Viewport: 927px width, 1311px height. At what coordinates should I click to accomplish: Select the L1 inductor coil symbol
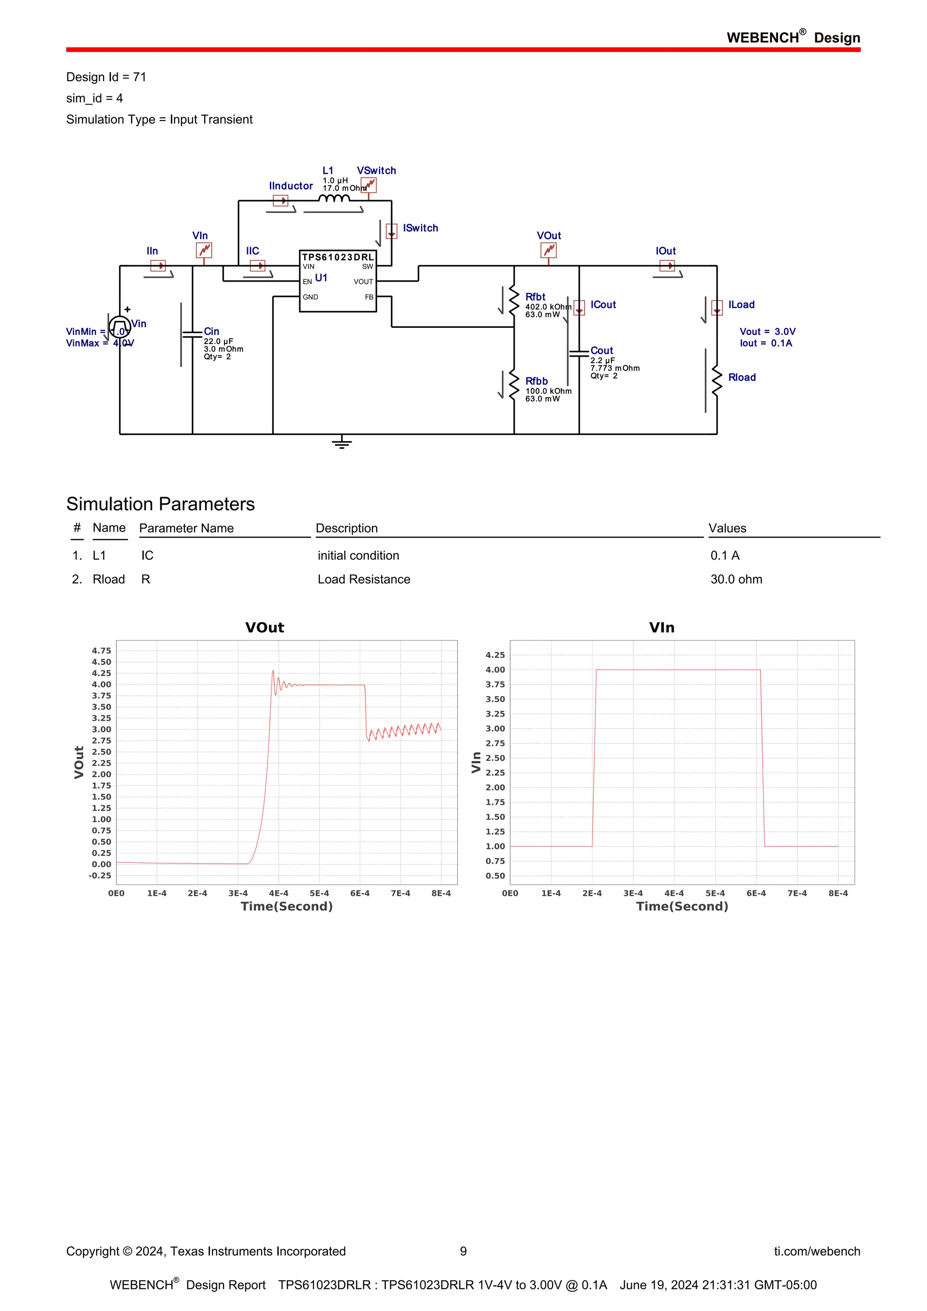334,199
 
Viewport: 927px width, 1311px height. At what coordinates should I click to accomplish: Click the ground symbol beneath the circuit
341,443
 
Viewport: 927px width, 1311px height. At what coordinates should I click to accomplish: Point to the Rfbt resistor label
535,297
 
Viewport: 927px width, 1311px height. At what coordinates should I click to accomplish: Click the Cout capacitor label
602,350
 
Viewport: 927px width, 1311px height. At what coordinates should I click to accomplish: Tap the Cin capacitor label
211,331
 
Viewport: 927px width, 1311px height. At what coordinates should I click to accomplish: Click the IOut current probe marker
667,266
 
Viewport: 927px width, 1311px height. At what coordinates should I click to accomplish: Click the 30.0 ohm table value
736,579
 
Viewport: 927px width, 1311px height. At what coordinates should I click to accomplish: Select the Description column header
346,528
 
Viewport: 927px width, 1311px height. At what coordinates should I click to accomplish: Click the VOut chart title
264,627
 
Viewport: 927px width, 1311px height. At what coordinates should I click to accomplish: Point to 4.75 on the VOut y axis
101,651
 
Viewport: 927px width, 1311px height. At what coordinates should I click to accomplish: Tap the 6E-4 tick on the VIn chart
756,893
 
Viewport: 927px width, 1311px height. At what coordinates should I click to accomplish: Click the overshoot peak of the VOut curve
273,671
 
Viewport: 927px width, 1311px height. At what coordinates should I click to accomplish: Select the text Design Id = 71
106,77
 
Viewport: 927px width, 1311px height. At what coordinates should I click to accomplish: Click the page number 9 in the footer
463,1251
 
